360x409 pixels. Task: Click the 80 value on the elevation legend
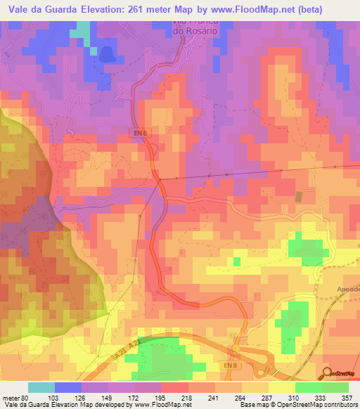pos(24,397)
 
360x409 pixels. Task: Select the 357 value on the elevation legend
pos(346,397)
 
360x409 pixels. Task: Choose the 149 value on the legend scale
pos(105,397)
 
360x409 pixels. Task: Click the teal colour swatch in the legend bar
pos(41,387)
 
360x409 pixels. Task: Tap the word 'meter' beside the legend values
pos(10,397)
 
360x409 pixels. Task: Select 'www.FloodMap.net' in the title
pos(281,8)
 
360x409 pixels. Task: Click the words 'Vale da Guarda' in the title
pos(42,8)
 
